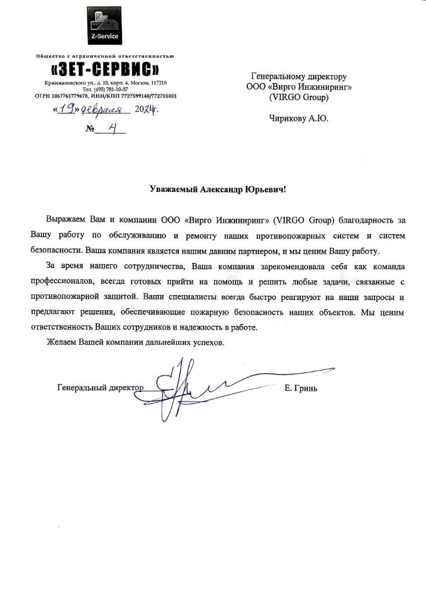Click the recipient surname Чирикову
click(x=288, y=118)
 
